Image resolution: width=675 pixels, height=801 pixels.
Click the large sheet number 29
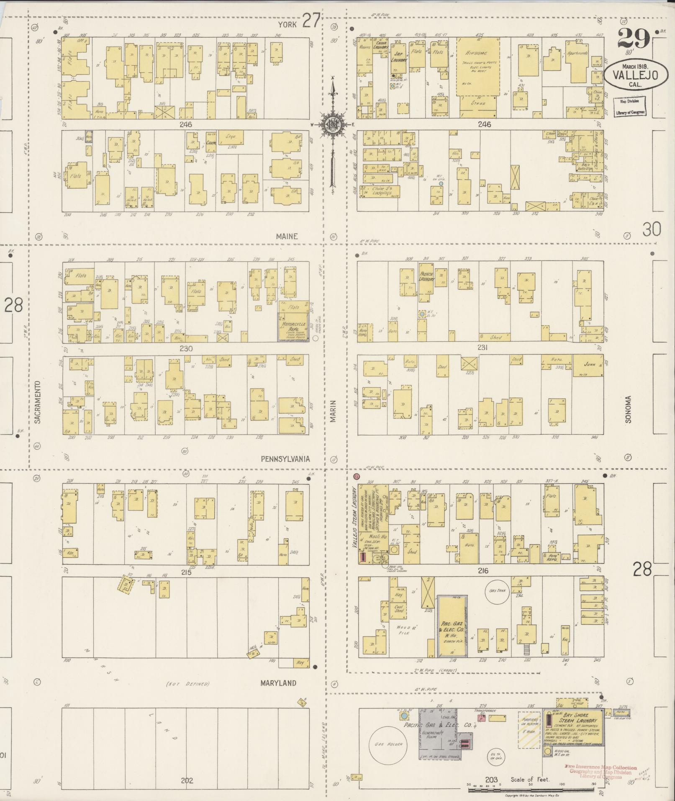pos(633,40)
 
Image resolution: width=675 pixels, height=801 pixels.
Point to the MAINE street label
pos(287,237)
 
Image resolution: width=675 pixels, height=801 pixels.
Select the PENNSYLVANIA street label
pos(285,459)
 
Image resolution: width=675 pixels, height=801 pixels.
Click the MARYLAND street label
pos(278,683)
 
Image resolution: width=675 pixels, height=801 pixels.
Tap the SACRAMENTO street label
pos(37,402)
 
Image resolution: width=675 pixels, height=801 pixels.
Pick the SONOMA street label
pos(628,409)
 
